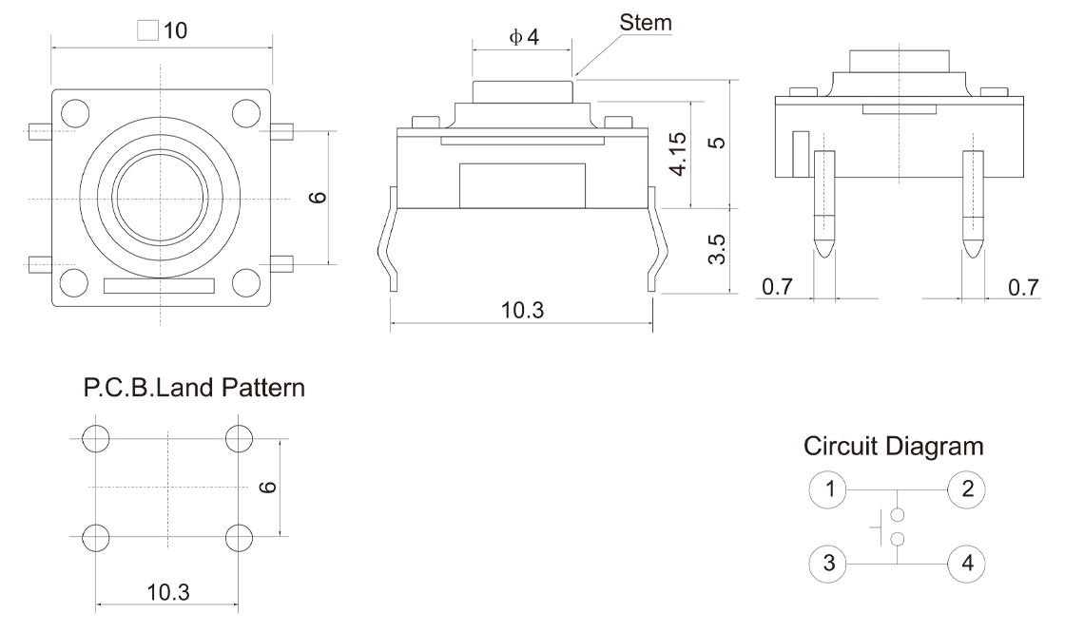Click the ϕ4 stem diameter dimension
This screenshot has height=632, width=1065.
(x=524, y=37)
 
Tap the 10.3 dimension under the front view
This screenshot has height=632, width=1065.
(x=522, y=310)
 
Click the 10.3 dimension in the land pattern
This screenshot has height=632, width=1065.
(x=167, y=592)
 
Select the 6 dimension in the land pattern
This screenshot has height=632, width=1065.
(x=269, y=487)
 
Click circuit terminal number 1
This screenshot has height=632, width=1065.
(x=829, y=490)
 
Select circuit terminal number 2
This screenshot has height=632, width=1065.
(x=967, y=490)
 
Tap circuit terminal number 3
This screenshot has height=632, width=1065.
(x=829, y=562)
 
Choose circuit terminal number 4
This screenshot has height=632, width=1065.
(x=967, y=562)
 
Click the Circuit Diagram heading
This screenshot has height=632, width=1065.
(x=893, y=446)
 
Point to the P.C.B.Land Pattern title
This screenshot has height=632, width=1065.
(x=195, y=388)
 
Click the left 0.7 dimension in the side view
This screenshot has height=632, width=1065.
(x=777, y=287)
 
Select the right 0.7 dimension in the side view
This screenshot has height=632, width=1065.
(x=1023, y=287)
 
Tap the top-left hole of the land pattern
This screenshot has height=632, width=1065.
(x=96, y=438)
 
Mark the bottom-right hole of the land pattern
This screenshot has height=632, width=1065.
(x=239, y=537)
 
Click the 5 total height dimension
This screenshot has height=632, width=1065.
(x=719, y=143)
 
